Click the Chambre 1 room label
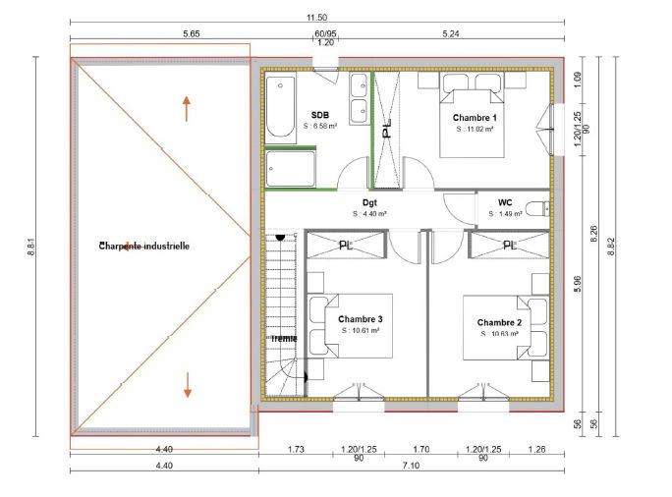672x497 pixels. pyautogui.click(x=474, y=117)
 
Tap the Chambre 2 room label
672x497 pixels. pyautogui.click(x=499, y=322)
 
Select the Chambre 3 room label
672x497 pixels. pyautogui.click(x=361, y=319)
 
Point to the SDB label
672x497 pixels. pyautogui.click(x=320, y=115)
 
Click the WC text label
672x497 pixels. pyautogui.click(x=505, y=202)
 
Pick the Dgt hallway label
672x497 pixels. pyautogui.click(x=369, y=202)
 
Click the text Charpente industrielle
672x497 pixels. pyautogui.click(x=144, y=246)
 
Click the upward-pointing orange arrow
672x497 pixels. pyautogui.click(x=186, y=108)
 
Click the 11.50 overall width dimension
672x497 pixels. pyautogui.click(x=315, y=19)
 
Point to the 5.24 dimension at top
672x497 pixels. pyautogui.click(x=451, y=33)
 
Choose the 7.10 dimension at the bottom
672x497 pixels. pyautogui.click(x=411, y=465)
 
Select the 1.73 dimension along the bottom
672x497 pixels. pyautogui.click(x=295, y=449)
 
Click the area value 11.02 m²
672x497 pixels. pyautogui.click(x=474, y=129)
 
